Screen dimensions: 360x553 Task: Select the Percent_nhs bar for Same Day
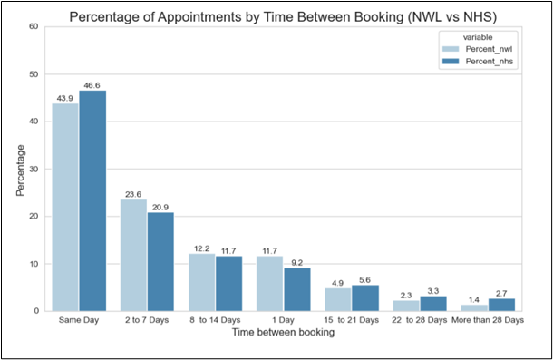pos(92,200)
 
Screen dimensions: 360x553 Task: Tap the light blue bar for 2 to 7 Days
pos(133,255)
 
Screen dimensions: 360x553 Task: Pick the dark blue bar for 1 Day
pos(297,289)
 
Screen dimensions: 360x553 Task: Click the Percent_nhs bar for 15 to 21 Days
pos(365,297)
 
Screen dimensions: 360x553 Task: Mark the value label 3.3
pos(433,288)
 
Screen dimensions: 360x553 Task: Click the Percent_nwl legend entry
pos(480,48)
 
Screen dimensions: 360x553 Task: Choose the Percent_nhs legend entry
pos(480,61)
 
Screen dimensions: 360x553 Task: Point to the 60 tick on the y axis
pos(33,26)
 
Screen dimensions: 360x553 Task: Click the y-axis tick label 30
pos(33,169)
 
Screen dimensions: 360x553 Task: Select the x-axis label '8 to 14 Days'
pos(215,321)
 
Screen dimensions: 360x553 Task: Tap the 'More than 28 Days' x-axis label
pos(488,321)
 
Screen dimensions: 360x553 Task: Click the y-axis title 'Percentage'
pos(20,169)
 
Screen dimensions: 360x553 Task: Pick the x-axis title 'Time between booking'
pos(283,333)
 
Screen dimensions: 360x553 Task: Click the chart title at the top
pos(283,13)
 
